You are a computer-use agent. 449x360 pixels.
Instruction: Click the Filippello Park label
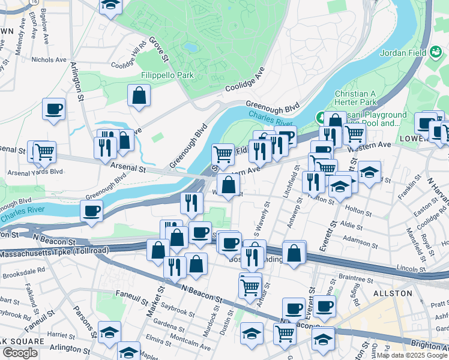coord(167,76)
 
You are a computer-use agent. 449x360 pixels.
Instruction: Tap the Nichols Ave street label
coord(49,60)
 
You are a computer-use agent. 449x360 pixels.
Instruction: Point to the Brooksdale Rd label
coord(23,270)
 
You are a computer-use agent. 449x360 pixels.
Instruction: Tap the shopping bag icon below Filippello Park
coord(139,95)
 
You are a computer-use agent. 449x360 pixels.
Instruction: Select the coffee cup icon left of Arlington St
coord(53,109)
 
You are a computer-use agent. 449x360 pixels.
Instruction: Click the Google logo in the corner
coord(20,353)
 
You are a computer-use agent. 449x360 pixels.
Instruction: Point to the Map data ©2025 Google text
coord(412,355)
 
